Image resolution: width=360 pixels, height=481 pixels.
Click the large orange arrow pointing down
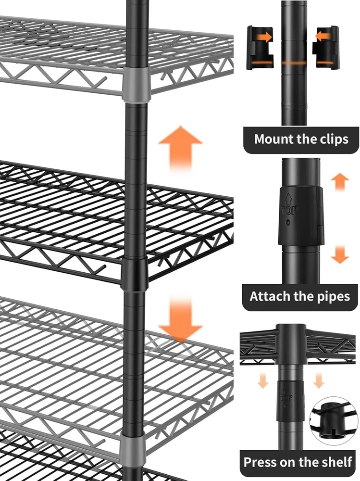(x=181, y=319)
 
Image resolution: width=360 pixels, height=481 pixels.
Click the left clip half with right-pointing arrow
(x=260, y=48)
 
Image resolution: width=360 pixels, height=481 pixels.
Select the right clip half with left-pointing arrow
(x=326, y=48)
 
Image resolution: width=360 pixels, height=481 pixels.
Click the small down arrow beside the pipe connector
(x=340, y=254)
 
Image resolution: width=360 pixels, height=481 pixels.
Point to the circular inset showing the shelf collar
(x=333, y=421)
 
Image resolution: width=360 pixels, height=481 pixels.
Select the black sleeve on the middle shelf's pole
(x=135, y=274)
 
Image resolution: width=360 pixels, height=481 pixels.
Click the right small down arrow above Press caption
(x=319, y=380)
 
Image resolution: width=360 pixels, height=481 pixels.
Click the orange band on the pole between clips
(x=294, y=63)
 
